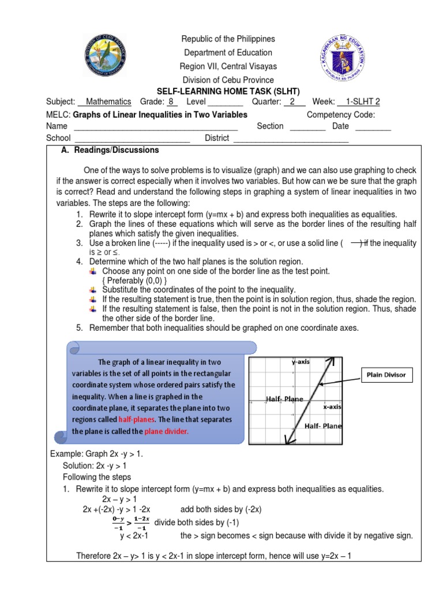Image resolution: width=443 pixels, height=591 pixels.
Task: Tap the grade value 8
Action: click(171, 102)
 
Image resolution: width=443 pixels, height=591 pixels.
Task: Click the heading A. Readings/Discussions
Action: click(110, 150)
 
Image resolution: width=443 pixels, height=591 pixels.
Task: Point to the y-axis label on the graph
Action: click(301, 362)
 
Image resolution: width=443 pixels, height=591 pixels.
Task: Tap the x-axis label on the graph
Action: click(333, 407)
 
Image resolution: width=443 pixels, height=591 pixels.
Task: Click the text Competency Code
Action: click(341, 114)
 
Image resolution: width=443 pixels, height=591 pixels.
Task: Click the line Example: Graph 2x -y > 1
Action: click(97, 454)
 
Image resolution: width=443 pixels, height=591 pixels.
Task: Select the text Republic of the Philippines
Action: click(228, 39)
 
